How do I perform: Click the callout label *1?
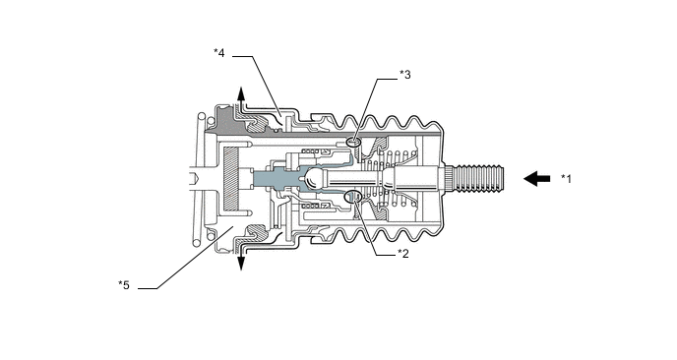click(566, 178)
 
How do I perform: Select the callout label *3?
click(405, 74)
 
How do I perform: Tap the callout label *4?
click(219, 51)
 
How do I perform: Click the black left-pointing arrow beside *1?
click(537, 178)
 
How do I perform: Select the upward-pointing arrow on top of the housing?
click(241, 98)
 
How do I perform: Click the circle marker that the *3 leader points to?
click(353, 144)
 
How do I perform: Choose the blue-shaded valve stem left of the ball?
click(271, 180)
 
